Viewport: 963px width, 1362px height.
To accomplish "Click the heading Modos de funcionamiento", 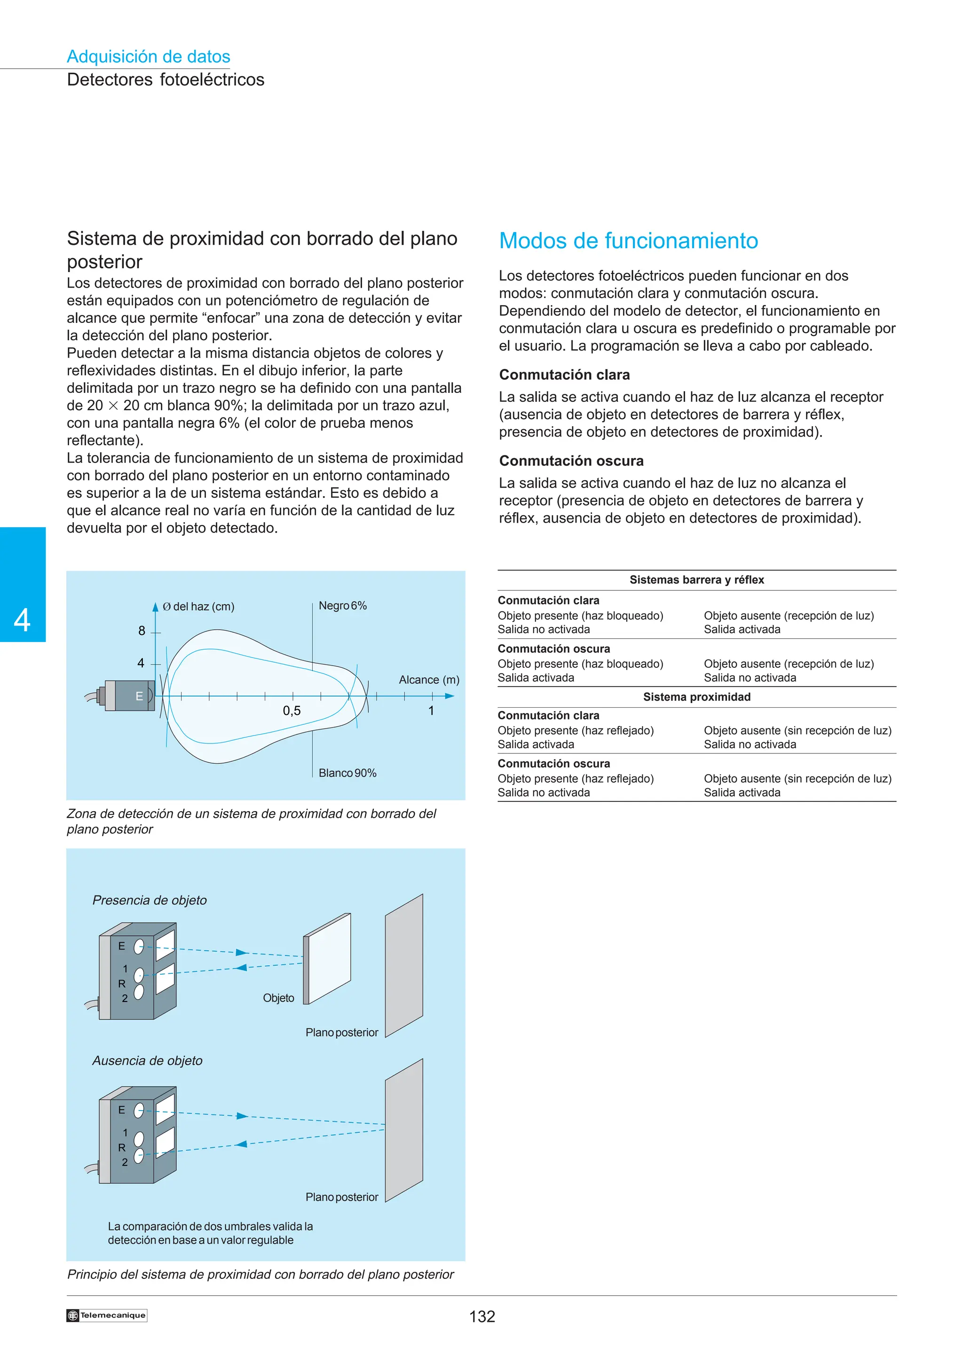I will tap(628, 241).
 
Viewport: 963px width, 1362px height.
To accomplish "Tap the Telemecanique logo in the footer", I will tap(107, 1315).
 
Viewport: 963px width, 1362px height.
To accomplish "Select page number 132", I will tap(482, 1316).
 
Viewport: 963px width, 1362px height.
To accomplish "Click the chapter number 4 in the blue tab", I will tap(23, 620).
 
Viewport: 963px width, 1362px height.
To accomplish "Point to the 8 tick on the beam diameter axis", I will tap(142, 631).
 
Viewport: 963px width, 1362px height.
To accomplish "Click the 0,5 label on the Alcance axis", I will tap(292, 711).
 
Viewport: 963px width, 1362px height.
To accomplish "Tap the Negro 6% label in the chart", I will tap(342, 606).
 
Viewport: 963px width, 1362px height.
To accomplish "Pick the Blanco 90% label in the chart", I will tap(347, 773).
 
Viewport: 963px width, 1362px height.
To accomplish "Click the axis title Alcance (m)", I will tap(429, 680).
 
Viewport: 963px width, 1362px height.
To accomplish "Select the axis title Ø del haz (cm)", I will tap(198, 606).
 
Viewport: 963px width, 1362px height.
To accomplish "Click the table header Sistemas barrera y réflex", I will tap(696, 580).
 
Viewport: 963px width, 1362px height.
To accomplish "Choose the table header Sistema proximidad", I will tap(696, 697).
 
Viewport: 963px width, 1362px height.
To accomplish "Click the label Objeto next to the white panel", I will tap(278, 998).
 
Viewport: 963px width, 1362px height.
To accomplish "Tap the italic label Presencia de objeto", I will tap(150, 900).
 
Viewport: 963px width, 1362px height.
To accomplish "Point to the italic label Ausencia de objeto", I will tap(147, 1061).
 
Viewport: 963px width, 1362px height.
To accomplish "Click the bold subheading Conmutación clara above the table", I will tap(564, 375).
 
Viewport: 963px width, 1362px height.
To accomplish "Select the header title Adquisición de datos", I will tap(148, 56).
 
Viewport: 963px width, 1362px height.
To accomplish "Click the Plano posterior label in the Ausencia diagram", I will tap(342, 1197).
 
